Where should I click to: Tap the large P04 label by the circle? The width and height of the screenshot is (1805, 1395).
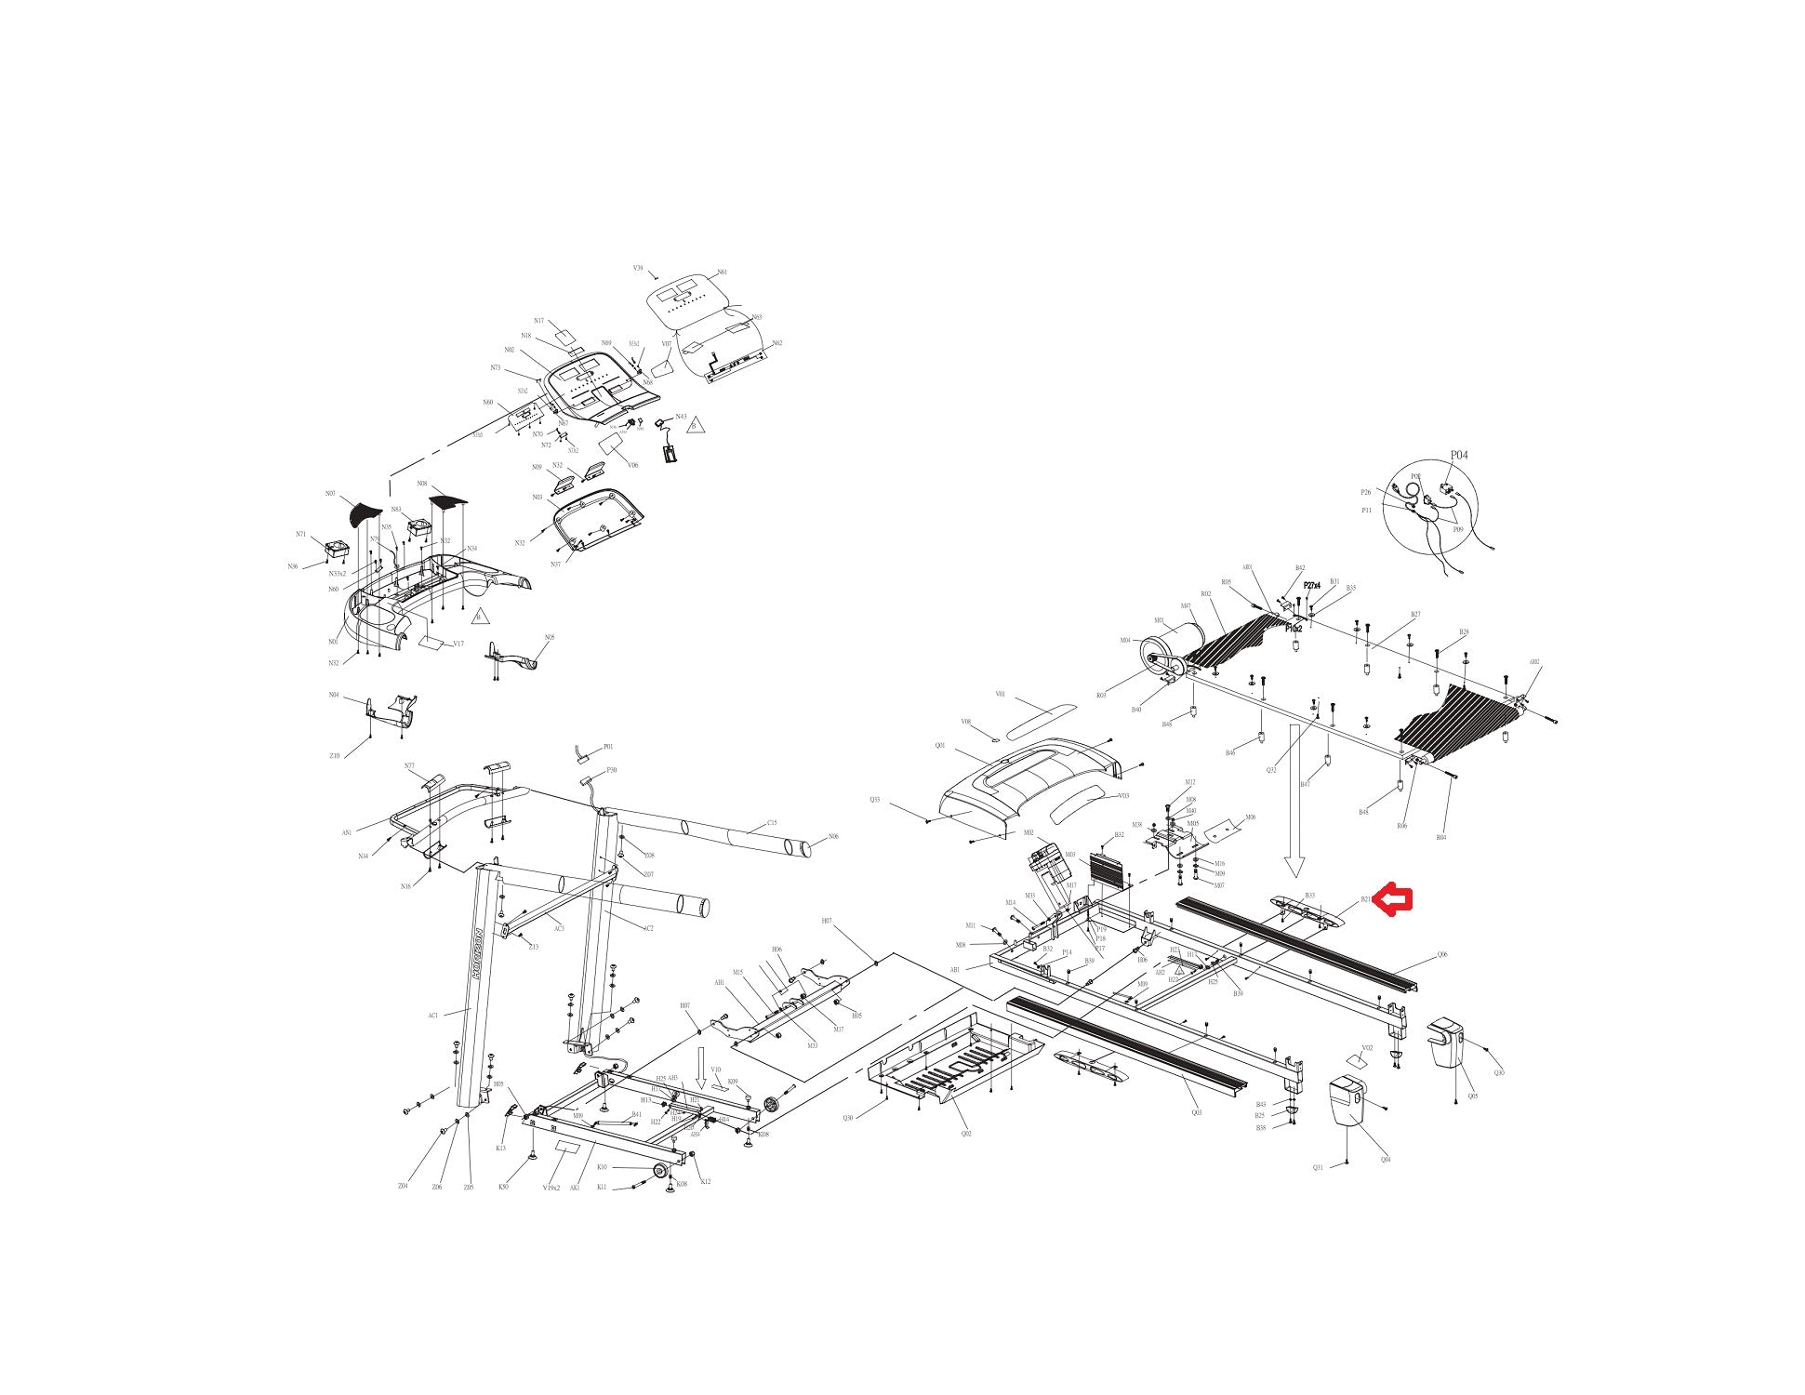1459,455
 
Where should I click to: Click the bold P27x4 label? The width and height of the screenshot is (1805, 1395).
1311,586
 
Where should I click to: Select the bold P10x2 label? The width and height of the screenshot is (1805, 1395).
1294,629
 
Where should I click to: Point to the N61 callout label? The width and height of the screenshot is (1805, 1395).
722,272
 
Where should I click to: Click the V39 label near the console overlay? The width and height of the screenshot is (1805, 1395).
638,268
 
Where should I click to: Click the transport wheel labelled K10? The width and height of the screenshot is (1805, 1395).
660,1170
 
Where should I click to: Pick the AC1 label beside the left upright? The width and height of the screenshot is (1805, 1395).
433,1016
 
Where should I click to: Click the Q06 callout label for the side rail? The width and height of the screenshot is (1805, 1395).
1442,955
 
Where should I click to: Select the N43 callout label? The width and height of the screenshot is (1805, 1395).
681,417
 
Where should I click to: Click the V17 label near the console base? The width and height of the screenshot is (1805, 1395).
458,644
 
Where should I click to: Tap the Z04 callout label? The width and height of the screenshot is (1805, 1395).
403,1186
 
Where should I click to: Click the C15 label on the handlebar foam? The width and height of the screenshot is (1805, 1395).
772,823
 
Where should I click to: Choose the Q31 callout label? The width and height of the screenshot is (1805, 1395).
1318,1167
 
